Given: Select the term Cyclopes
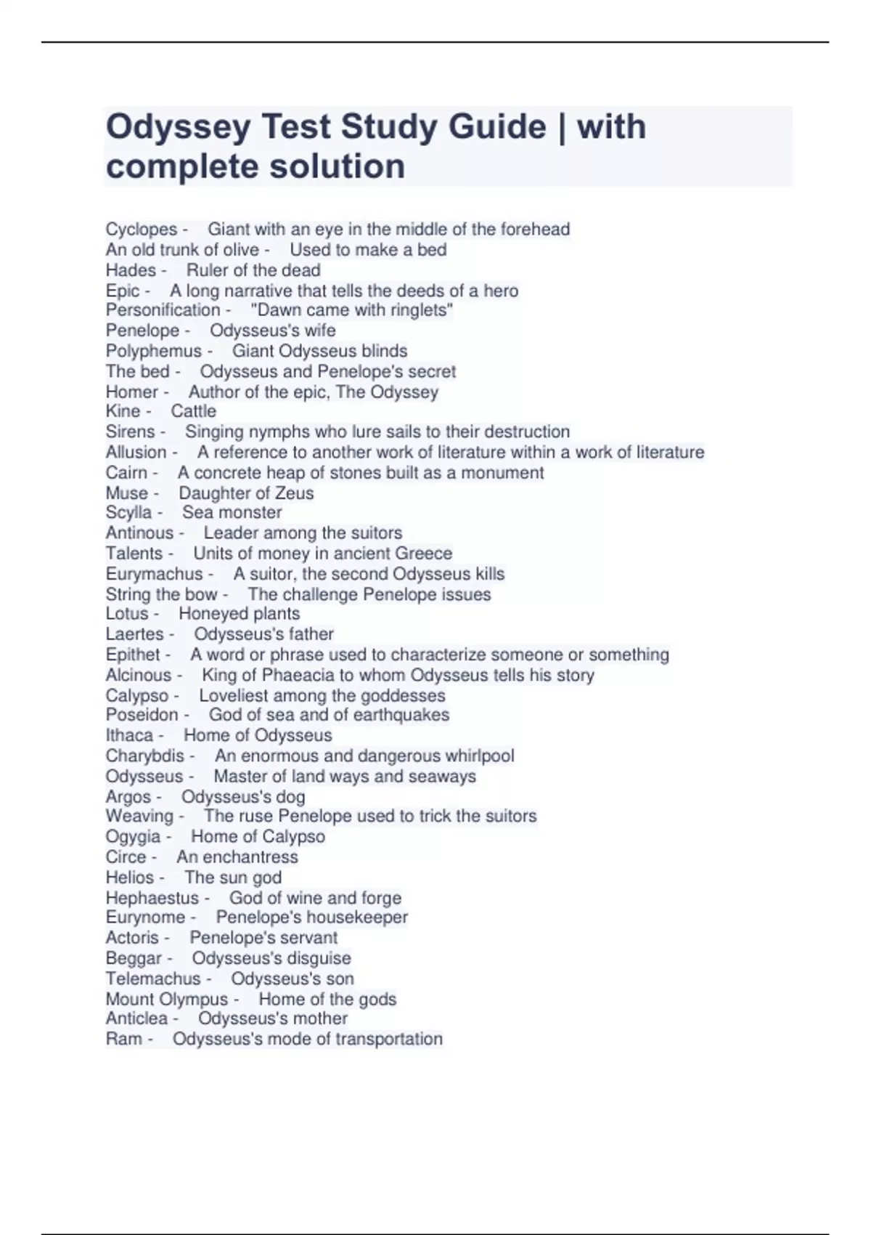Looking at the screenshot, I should (142, 230).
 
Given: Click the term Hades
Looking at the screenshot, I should (131, 270).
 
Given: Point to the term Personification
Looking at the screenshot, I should (163, 310).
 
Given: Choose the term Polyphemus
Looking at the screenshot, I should (153, 351).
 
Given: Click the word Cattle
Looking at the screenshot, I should (193, 411).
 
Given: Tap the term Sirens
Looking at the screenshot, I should (130, 432).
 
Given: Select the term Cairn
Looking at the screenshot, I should (126, 473).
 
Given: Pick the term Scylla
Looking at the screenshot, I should (128, 513).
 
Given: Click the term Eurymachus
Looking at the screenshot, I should (154, 574).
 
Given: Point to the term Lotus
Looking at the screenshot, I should (127, 614).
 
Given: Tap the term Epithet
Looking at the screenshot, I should (133, 655).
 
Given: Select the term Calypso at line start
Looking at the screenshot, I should (136, 695).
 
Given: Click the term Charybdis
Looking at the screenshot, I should (145, 756).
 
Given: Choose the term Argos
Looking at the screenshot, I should (128, 797).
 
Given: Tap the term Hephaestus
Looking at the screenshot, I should (152, 898).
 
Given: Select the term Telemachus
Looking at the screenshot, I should (152, 979).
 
